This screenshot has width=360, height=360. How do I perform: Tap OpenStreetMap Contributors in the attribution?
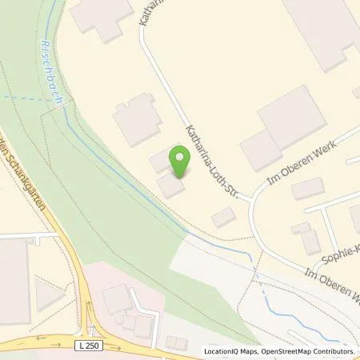tap(308, 351)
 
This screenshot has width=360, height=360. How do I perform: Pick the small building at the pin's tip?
tap(170, 186)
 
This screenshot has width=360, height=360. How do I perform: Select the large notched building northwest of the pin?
tap(137, 121)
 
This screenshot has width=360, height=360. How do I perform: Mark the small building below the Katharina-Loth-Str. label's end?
tap(223, 216)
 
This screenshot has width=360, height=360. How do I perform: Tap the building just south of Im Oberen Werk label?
tap(307, 189)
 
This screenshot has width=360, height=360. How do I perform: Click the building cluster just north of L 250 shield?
tap(128, 308)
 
